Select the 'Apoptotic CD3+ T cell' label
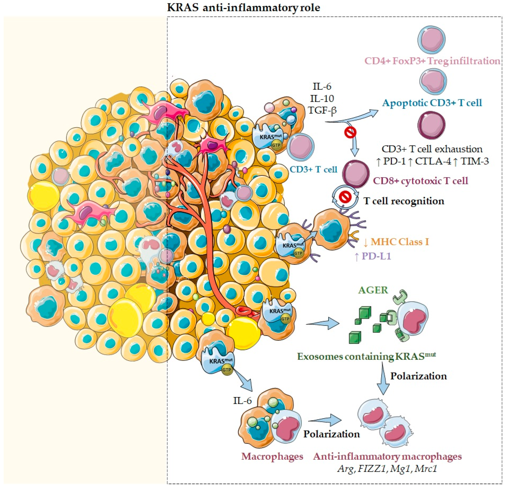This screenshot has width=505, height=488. pos(432,103)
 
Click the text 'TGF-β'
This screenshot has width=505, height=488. pos(322,110)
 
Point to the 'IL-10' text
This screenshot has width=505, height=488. pos(322,98)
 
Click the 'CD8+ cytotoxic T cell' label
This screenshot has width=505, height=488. pos(421,181)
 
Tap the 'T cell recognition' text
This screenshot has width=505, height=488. pos(404,201)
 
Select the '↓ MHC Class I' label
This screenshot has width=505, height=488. pos(396,242)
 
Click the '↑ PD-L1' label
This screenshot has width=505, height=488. pos(373,256)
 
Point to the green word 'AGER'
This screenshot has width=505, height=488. pos(373,290)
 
